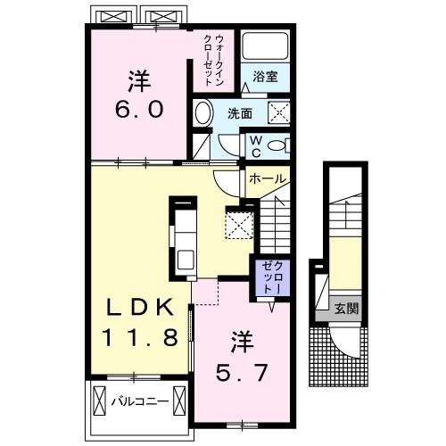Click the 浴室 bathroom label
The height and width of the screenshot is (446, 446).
[x=265, y=77]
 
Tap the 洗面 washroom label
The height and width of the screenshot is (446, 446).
[x=238, y=113]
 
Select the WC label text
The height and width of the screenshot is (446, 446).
[x=254, y=146]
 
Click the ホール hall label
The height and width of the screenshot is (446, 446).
[x=267, y=179]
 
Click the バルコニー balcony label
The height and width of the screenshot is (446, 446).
[x=141, y=401]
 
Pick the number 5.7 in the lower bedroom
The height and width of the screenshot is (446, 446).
[x=242, y=369]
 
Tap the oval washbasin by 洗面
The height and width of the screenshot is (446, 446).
[x=204, y=114]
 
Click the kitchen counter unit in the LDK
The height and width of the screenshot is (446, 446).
[x=186, y=238]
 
